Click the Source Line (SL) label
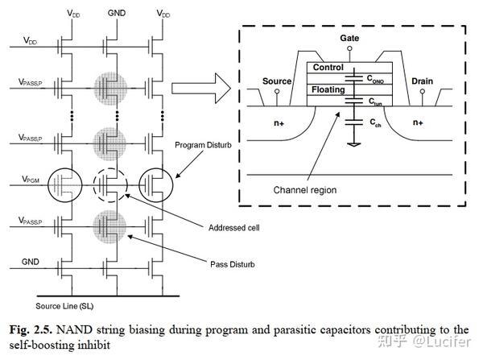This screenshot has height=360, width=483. point(66,307)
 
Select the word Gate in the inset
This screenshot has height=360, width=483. point(349,38)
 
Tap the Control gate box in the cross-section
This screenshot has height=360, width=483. point(328,68)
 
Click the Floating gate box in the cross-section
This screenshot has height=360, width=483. point(328,90)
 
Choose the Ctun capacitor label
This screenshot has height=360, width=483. point(376,103)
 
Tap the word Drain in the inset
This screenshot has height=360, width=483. point(422,81)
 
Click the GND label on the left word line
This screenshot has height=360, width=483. point(31,262)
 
